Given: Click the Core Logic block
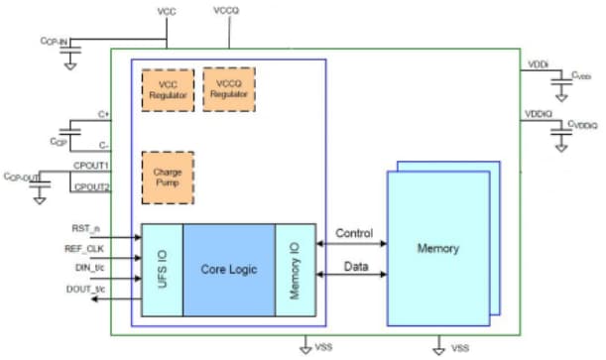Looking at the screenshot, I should coord(228,269).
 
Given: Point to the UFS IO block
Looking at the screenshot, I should coord(162,269).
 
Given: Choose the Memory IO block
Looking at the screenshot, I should coord(295,269).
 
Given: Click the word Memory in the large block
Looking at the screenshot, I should coord(437,247).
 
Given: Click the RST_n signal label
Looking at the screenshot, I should coord(88,229).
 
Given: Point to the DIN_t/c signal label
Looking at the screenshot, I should coord(89,266).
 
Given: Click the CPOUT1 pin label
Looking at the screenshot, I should coord(90,165).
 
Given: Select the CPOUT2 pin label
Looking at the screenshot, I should coord(90,186).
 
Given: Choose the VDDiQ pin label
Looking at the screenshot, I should coord(538,114).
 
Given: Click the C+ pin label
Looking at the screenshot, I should coord(103,115).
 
